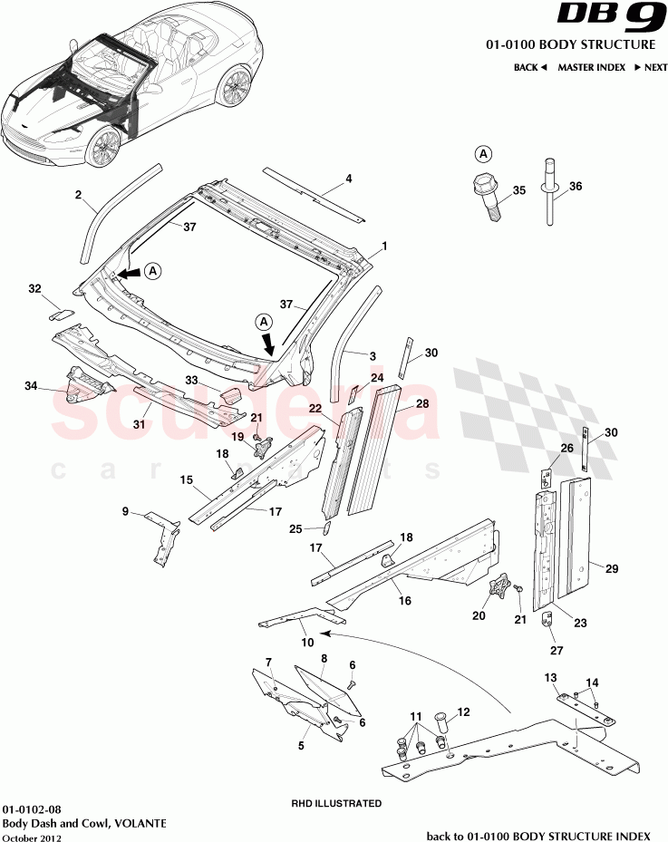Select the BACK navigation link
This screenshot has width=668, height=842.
(x=530, y=68)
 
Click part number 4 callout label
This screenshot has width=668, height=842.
(x=348, y=179)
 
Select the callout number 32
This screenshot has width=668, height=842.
(x=35, y=289)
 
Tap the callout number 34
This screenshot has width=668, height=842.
(x=31, y=386)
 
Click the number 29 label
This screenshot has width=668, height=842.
(x=612, y=568)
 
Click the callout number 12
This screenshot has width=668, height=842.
(x=463, y=712)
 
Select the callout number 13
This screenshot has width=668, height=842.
(x=550, y=678)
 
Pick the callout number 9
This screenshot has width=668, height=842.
(x=126, y=511)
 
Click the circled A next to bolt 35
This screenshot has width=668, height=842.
(x=483, y=153)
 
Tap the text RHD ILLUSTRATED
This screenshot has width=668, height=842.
(x=335, y=803)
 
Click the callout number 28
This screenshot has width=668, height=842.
(x=422, y=406)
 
